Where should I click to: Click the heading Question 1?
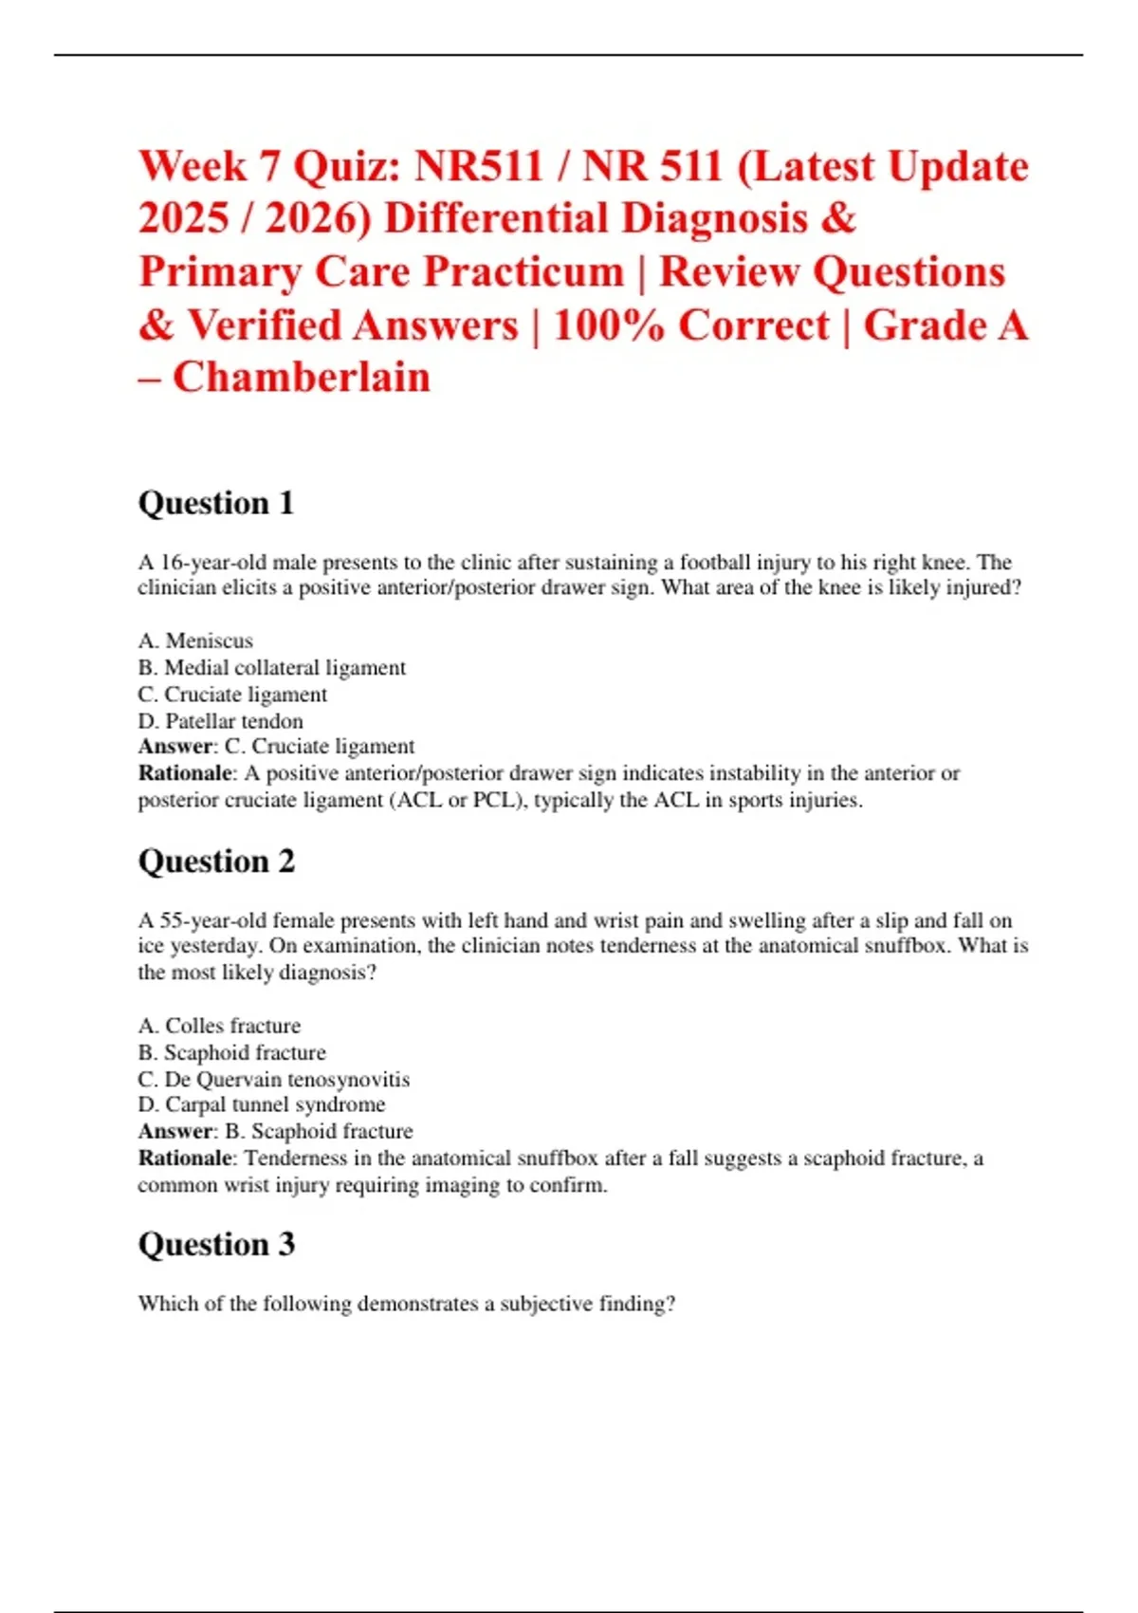click(x=216, y=503)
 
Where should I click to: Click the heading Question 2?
click(x=216, y=862)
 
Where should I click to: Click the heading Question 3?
click(x=216, y=1244)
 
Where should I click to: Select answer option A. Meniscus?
click(x=195, y=641)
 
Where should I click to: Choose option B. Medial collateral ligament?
click(x=271, y=668)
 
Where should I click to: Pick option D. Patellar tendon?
click(x=220, y=721)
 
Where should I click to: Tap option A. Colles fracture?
click(x=219, y=1026)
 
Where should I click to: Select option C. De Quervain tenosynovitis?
click(x=273, y=1080)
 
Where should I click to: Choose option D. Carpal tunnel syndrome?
click(x=261, y=1105)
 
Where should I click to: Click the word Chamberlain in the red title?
click(x=302, y=378)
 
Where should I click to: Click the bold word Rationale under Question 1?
click(x=185, y=773)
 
